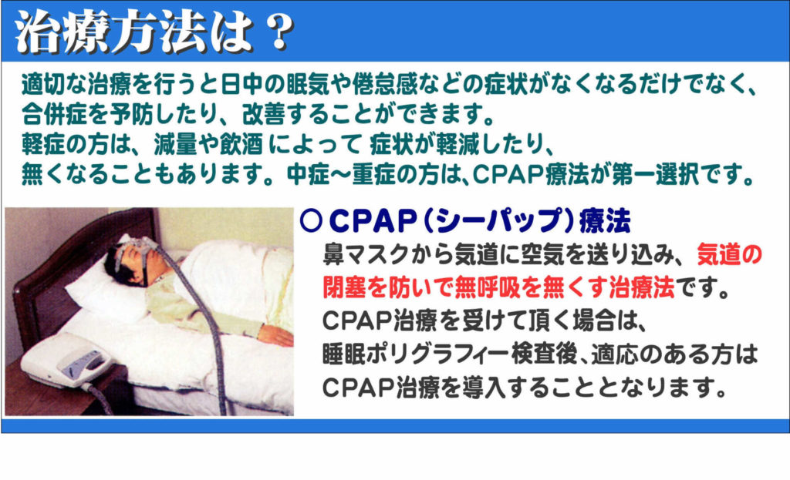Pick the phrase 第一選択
[655, 175]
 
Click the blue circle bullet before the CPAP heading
[310, 220]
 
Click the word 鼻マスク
[366, 254]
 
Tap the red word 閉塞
[344, 287]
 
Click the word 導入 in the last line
[484, 387]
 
